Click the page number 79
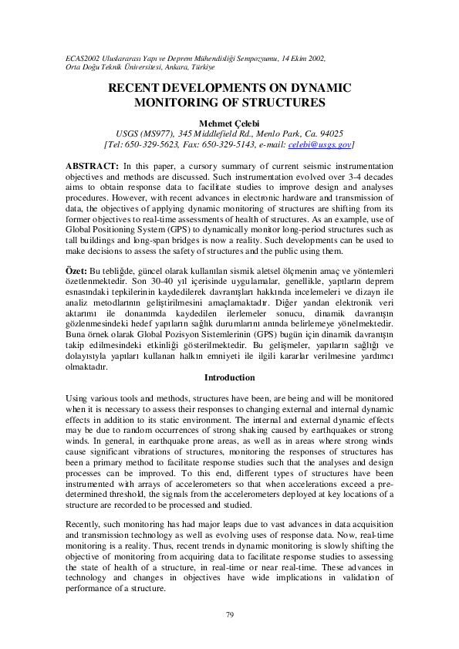tap(229, 614)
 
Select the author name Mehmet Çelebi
tap(229, 123)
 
